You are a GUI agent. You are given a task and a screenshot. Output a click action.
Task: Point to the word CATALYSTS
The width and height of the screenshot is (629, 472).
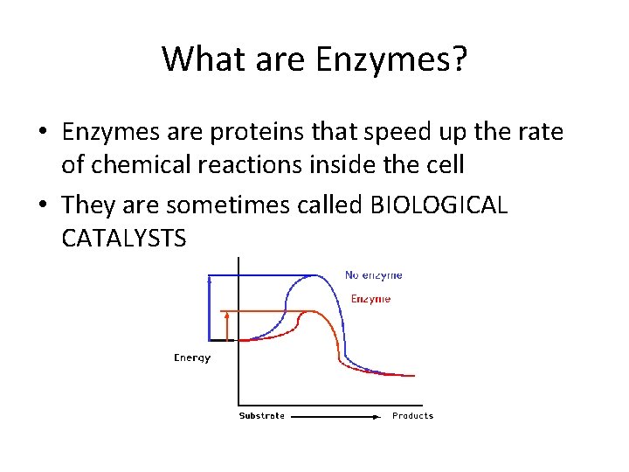coord(124,238)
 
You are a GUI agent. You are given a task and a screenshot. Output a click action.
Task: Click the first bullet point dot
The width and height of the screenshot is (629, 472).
coord(42,134)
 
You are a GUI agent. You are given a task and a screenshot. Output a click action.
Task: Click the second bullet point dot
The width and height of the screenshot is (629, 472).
coord(42,206)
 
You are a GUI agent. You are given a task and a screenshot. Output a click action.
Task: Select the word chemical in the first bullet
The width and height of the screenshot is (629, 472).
coord(131,164)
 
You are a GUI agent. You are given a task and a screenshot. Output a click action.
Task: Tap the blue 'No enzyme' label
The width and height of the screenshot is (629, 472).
coord(373,275)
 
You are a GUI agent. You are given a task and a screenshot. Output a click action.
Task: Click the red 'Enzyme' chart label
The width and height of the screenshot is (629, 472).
coord(370,299)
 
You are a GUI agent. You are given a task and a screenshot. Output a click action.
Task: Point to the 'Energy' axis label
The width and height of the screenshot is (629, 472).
coord(192,357)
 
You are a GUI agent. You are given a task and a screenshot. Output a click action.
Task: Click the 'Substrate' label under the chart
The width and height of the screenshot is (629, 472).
coord(262,416)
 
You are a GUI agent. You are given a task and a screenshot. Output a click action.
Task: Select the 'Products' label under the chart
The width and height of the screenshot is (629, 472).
coord(412,416)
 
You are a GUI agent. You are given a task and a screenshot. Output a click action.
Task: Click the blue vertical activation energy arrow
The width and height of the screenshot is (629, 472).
coord(209,306)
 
